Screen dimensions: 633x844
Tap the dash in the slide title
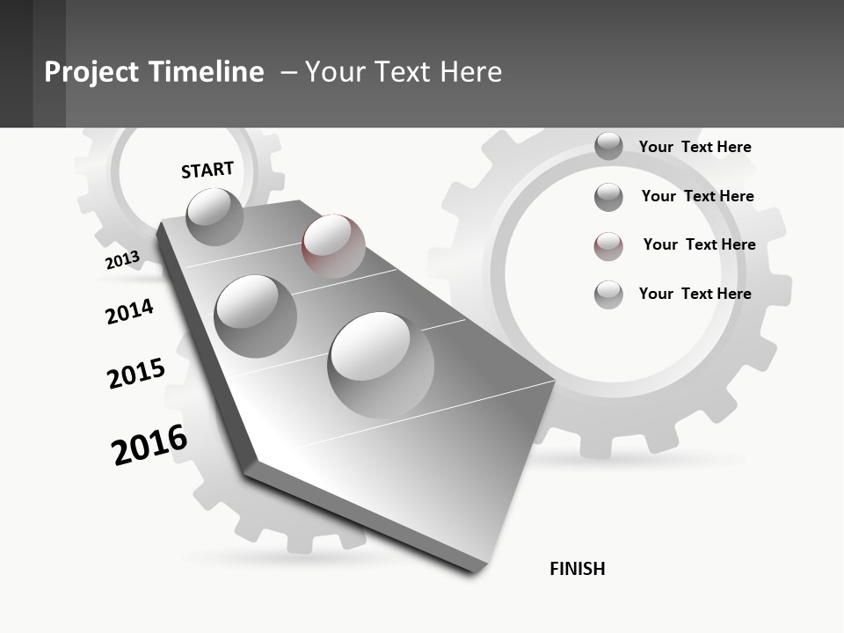coord(288,72)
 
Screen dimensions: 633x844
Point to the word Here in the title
coord(470,72)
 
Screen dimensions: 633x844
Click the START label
coord(207,170)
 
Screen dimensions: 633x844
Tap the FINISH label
coord(577,569)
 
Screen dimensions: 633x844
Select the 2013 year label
coord(122,260)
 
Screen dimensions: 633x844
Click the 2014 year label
coord(129,311)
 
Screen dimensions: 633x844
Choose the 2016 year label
coord(149,444)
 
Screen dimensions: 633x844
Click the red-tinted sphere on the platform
coord(333,245)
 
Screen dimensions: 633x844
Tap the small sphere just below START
coord(215,216)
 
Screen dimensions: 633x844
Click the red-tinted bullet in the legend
coord(608,246)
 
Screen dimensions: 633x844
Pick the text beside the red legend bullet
coord(699,244)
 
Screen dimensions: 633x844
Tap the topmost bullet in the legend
coord(608,146)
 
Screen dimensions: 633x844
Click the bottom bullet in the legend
coord(608,295)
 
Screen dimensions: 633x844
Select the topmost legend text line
coord(695,147)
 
